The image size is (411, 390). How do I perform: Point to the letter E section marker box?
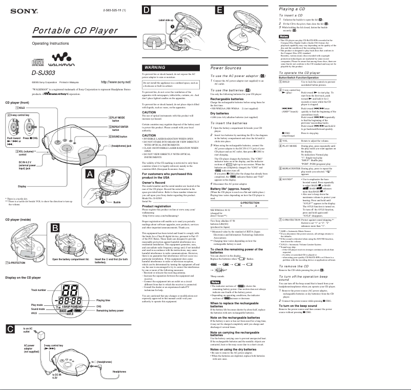(x=219, y=9)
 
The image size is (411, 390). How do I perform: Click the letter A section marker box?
(x=90, y=175)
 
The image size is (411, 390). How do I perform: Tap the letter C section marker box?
(x=10, y=328)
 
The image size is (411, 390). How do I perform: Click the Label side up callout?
(x=166, y=19)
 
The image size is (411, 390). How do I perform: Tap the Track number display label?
(x=39, y=290)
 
